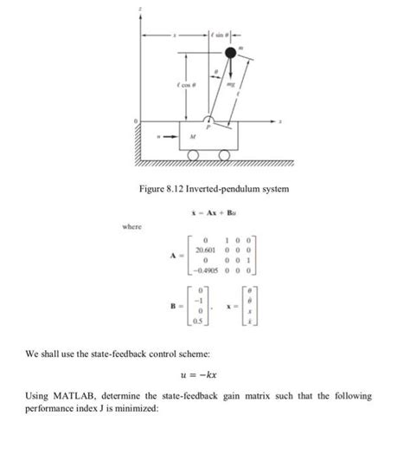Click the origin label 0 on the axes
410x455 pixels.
(x=134, y=120)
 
